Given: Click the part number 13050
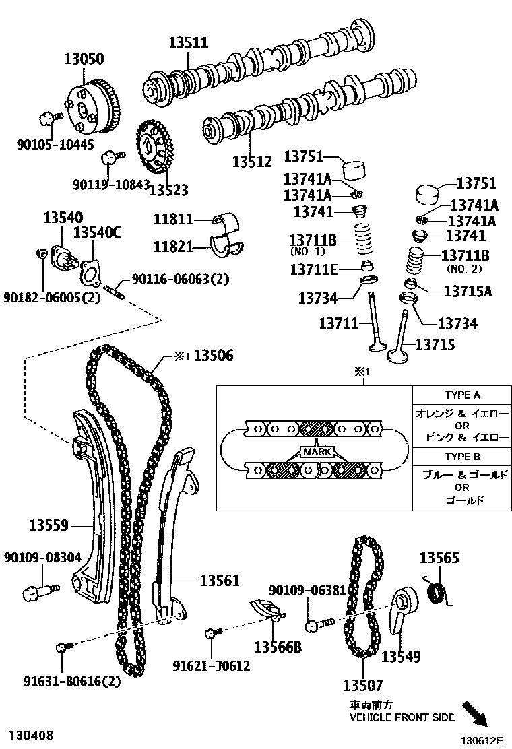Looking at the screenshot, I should (x=84, y=59).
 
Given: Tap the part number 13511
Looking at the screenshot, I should (x=188, y=43).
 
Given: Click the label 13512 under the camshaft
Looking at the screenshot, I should (x=252, y=162).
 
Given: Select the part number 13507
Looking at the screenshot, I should (x=362, y=686).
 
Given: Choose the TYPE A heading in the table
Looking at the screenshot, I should (x=462, y=395).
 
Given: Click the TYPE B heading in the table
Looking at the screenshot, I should (x=462, y=457).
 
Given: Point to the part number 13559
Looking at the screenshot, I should (x=49, y=525).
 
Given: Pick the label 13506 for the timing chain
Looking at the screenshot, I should (x=214, y=356).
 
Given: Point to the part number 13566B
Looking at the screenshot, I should (x=277, y=647).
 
